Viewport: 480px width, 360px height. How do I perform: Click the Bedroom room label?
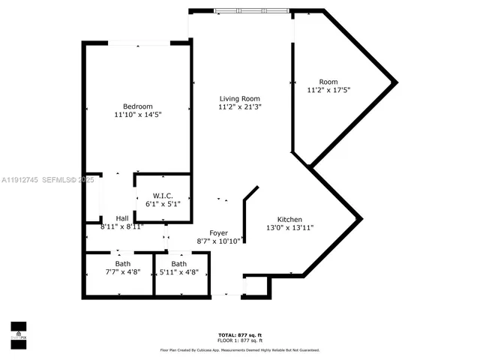[138, 106]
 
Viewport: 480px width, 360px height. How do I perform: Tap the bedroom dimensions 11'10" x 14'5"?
[138, 115]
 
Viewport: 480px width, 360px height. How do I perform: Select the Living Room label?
[239, 99]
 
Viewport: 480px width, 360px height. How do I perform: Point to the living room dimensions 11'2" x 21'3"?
[239, 107]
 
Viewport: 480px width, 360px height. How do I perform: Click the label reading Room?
[328, 82]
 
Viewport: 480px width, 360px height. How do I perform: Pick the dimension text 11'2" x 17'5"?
[328, 90]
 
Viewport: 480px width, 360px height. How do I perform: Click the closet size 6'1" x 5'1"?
[163, 203]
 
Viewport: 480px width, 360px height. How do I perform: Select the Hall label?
[121, 218]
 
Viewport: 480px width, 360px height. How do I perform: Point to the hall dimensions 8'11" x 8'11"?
[121, 226]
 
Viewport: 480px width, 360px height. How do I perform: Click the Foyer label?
[218, 232]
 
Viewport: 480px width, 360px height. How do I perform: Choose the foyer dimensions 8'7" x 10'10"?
[218, 241]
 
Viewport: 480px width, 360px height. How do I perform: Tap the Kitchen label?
[289, 219]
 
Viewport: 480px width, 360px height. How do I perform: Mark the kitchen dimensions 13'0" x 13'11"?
[289, 227]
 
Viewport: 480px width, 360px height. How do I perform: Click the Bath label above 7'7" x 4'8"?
[122, 264]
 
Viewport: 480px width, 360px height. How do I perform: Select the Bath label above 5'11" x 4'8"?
[178, 264]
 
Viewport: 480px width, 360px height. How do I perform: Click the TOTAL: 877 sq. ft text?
[240, 334]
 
